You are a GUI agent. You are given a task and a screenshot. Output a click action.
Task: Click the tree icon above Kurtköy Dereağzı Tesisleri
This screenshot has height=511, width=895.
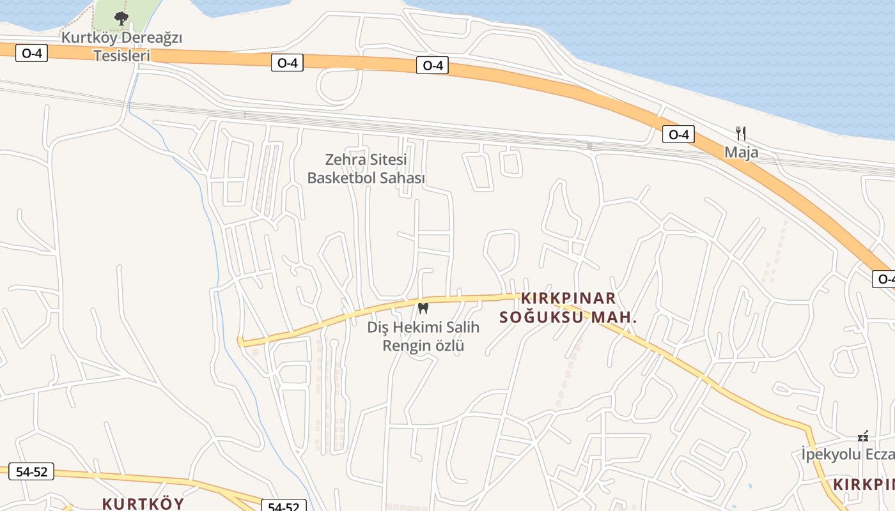121,19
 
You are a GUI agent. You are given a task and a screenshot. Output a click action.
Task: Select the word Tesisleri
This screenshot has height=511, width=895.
121,56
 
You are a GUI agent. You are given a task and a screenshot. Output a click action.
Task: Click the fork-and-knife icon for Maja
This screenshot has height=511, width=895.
741,133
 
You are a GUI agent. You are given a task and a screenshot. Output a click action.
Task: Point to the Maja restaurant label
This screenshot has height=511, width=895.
741,152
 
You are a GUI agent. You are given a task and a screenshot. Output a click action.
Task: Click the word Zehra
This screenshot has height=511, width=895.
345,159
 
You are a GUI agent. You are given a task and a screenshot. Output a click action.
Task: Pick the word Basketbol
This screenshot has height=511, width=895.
343,178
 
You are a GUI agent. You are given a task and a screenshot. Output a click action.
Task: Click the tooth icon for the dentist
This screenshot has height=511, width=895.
422,309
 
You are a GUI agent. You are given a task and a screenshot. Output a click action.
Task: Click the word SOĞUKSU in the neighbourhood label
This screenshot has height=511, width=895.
540,317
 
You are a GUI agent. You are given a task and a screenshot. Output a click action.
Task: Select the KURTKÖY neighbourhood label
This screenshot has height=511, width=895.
143,503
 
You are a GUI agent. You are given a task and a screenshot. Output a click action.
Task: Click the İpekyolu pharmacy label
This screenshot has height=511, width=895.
847,454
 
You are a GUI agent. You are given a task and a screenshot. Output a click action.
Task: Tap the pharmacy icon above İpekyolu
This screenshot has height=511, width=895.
863,436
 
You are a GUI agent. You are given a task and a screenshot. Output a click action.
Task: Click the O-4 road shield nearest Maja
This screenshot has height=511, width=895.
678,134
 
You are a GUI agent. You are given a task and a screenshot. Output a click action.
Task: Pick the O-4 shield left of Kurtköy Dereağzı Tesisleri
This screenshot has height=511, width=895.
31,53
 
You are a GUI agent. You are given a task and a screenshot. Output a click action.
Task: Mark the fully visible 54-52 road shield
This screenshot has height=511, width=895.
31,472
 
